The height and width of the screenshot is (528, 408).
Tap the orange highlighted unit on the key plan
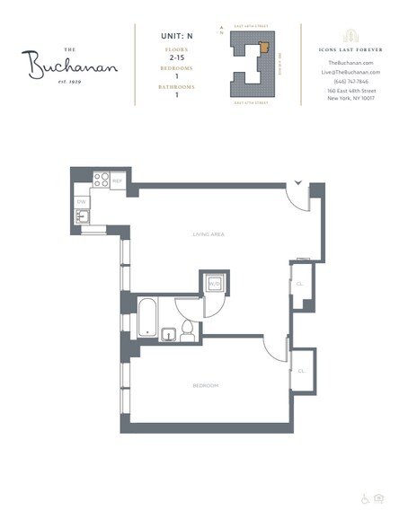[263, 48]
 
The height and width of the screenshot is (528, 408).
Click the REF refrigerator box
[117, 180]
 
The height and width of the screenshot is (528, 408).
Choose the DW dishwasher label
[80, 202]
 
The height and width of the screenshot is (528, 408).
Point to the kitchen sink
[81, 216]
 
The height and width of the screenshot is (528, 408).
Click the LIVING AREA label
[208, 234]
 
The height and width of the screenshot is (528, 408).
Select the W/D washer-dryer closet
[213, 284]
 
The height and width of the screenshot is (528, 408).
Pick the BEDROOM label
[205, 385]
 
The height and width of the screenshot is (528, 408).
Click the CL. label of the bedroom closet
[302, 369]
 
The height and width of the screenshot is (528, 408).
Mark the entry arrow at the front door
[298, 185]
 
